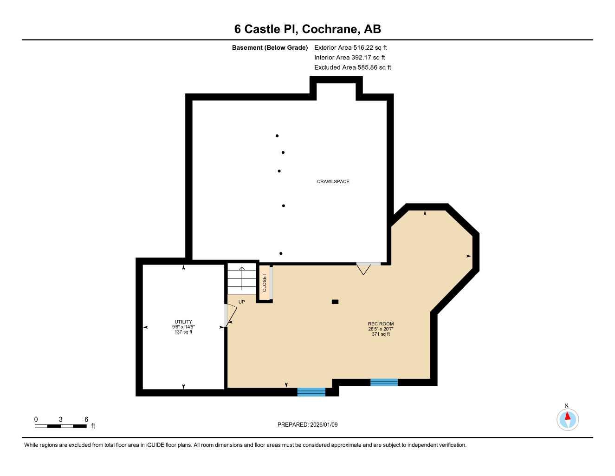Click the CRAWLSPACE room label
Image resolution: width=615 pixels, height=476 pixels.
[333, 181]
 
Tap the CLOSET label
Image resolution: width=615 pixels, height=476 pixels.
[265, 283]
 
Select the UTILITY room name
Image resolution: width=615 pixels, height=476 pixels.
[183, 322]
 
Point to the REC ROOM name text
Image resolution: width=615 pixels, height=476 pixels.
[381, 324]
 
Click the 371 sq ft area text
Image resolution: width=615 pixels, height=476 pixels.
[381, 334]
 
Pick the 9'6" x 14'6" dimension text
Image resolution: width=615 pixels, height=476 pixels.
[183, 327]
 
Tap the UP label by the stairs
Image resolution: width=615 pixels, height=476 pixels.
[241, 302]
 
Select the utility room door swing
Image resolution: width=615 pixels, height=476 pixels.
[230, 315]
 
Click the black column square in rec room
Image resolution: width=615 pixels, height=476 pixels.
[335, 302]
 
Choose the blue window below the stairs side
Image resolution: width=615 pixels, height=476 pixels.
[311, 392]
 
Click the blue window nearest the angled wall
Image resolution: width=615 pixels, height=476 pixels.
[384, 383]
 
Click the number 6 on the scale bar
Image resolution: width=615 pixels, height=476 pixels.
[86, 419]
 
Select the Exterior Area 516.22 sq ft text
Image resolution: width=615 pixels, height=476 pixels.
[350, 47]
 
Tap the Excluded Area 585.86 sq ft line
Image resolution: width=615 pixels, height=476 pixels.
[352, 67]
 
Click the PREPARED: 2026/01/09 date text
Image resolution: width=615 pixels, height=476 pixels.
[307, 424]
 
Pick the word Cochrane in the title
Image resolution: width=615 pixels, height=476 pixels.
[330, 29]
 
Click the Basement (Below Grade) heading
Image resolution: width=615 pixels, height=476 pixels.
[270, 47]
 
